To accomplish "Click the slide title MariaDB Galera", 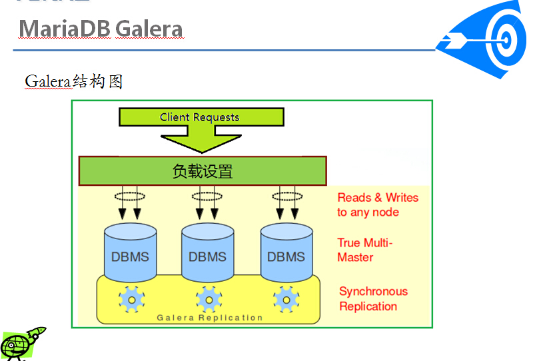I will tap(101, 29).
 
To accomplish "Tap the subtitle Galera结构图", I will tap(74, 81).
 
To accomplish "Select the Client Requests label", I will tap(199, 117).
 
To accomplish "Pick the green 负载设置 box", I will tap(203, 171).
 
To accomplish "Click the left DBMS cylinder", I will tap(130, 253).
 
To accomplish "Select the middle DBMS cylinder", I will tap(207, 253).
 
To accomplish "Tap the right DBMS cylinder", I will tap(286, 253).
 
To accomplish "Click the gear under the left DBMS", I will tap(131, 299).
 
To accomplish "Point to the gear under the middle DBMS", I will tap(209, 299).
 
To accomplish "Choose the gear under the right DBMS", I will tap(286, 299).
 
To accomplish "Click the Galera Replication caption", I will tap(210, 318).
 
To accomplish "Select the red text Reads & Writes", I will tap(378, 198).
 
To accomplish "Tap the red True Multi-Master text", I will tap(364, 250).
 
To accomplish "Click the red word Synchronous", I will tap(373, 292).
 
